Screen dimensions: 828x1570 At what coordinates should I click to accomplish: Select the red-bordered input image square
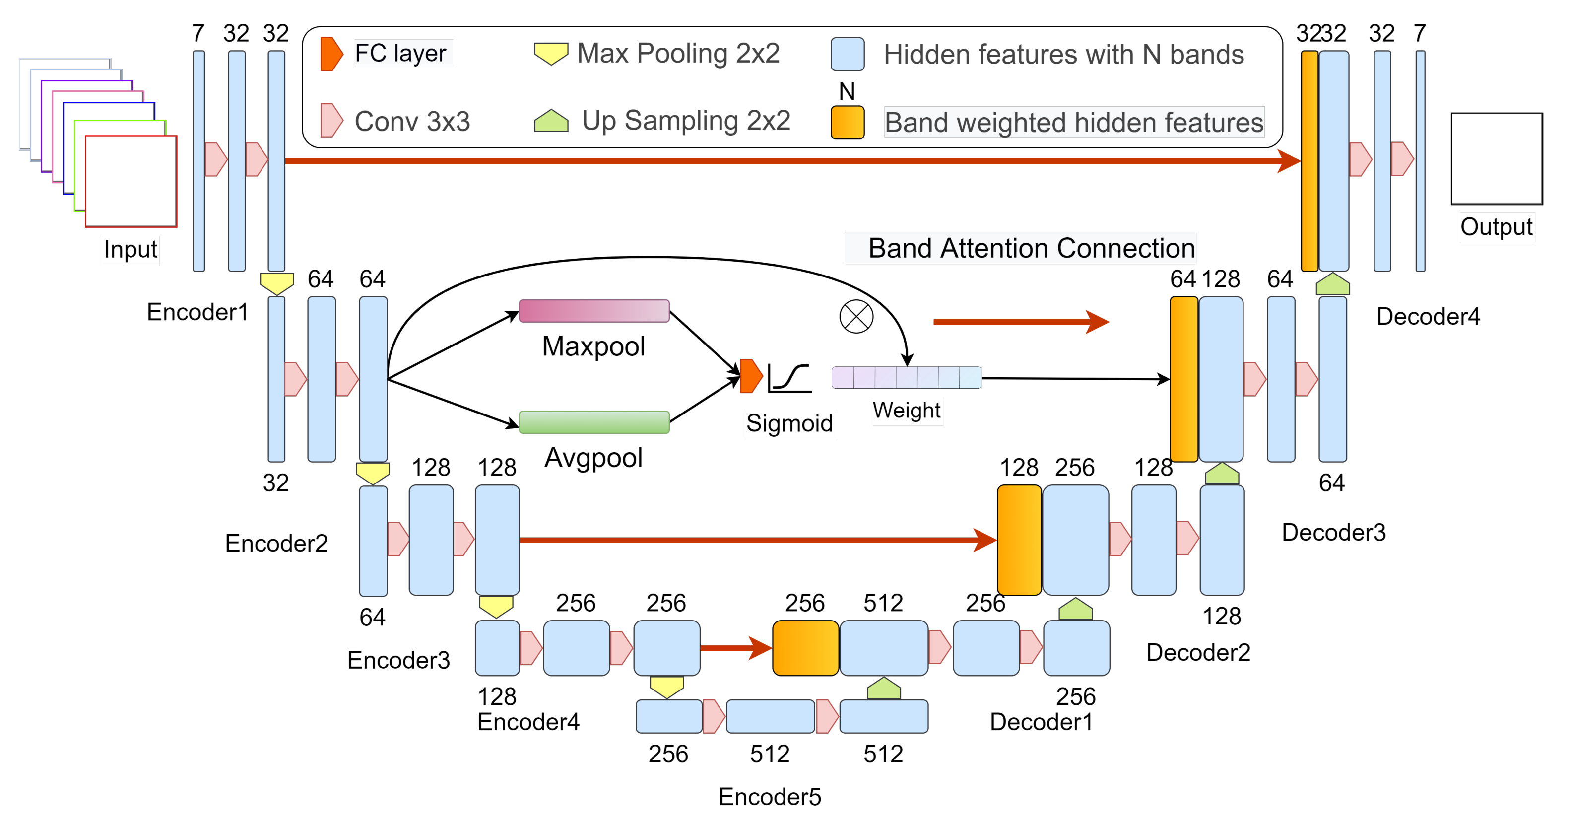click(131, 181)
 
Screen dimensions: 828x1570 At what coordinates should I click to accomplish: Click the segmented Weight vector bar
click(906, 377)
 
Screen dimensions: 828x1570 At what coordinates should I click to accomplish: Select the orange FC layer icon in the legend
click(331, 54)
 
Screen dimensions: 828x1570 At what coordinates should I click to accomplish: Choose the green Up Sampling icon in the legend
click(550, 121)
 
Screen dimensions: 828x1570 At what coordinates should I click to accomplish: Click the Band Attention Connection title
click(1031, 248)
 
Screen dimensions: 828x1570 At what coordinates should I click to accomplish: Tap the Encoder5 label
click(769, 797)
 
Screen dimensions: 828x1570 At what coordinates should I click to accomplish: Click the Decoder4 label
click(1428, 316)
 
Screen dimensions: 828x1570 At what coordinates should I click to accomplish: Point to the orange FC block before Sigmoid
click(751, 376)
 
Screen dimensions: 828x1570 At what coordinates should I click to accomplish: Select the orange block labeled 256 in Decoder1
click(805, 647)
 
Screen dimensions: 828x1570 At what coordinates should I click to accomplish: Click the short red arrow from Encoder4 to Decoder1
click(736, 647)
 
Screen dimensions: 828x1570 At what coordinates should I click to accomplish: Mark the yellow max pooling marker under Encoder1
click(277, 283)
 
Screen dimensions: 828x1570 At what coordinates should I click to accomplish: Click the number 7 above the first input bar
click(198, 33)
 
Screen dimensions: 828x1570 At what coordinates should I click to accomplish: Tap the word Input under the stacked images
click(131, 249)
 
